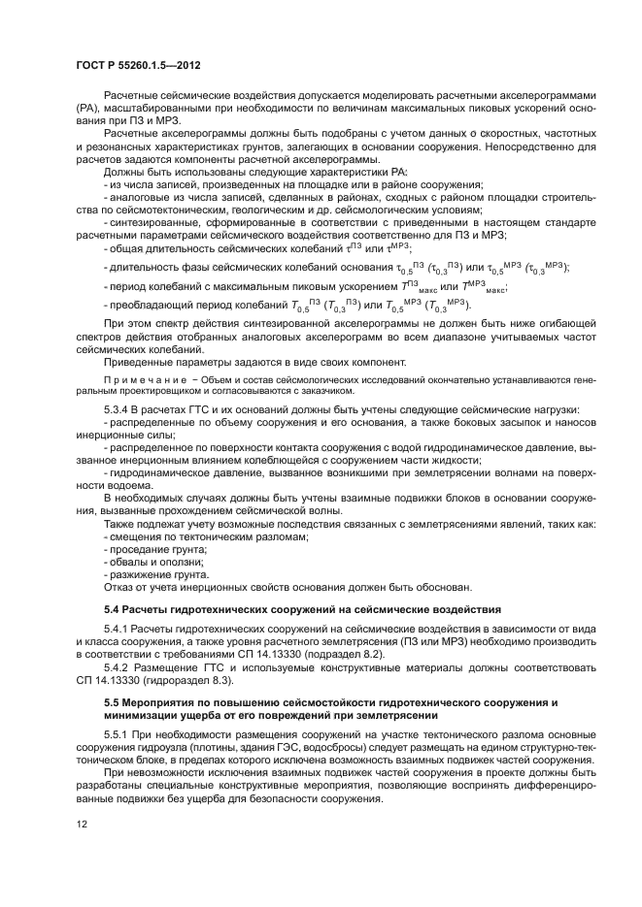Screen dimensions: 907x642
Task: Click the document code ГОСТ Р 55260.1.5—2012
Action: (x=134, y=65)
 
